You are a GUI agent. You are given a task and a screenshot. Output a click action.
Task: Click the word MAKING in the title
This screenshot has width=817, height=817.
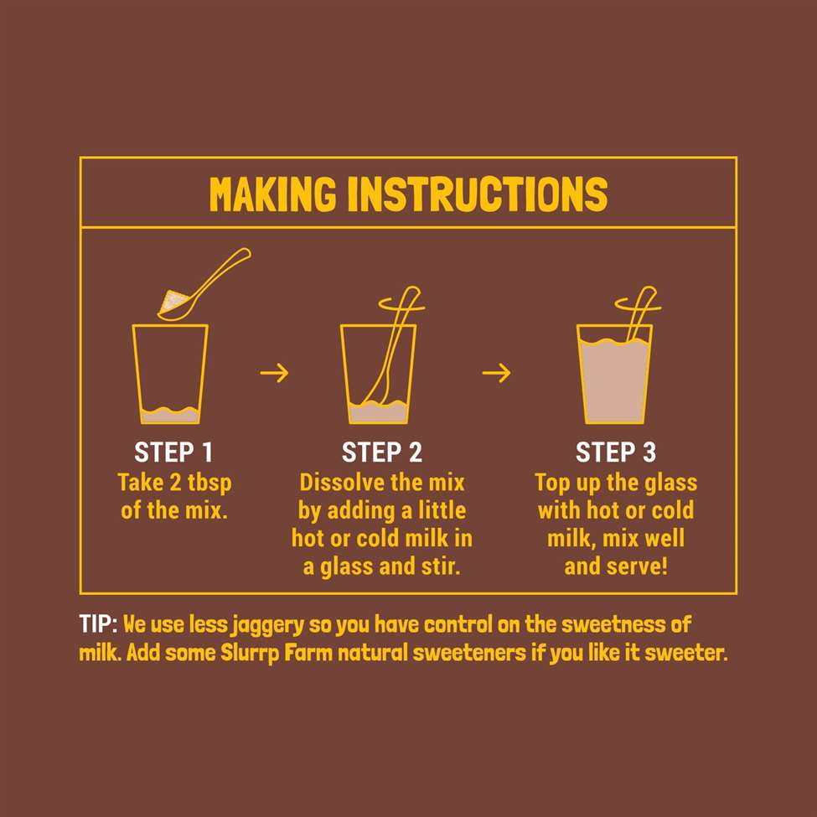click(272, 194)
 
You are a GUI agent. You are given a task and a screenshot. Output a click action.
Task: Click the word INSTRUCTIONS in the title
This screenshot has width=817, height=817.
click(478, 194)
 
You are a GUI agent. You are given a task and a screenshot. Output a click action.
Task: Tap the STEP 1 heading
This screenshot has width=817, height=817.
click(173, 452)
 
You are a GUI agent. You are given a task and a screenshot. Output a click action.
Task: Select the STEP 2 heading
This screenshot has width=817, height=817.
click(381, 452)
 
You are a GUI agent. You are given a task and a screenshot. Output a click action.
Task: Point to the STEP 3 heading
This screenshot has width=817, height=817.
click(615, 452)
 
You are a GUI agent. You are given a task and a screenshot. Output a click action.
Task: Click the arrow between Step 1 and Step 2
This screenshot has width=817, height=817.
click(274, 373)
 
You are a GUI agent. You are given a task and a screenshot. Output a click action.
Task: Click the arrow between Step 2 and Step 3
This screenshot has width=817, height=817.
click(496, 373)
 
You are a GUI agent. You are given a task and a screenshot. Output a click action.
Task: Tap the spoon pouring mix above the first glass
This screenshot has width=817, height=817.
click(204, 285)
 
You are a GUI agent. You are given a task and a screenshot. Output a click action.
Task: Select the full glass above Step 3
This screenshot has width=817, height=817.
click(614, 374)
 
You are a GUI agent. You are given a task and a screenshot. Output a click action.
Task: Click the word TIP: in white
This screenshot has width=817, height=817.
click(99, 623)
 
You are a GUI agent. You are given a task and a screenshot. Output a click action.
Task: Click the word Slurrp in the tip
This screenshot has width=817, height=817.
click(250, 654)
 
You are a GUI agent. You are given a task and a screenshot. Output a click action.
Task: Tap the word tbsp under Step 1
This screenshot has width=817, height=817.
click(209, 483)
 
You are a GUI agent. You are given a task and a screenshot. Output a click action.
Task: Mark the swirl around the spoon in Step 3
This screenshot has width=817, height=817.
click(638, 303)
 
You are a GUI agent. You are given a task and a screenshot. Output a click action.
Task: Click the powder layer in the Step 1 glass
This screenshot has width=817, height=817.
click(170, 415)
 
